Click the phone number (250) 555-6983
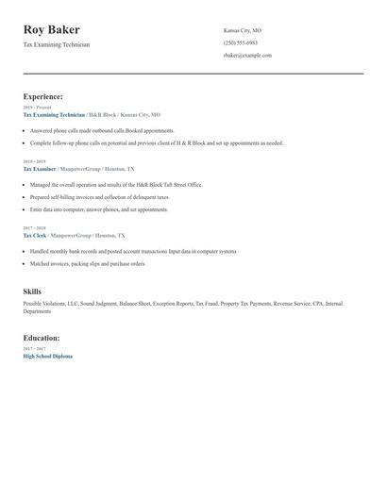point(240,42)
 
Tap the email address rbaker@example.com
point(247,56)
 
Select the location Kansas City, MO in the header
point(243,30)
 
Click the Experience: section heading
point(43,96)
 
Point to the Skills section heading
point(32,292)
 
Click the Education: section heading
point(42,338)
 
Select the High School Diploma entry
point(47,357)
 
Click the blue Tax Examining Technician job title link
point(54,114)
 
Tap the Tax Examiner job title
point(40,168)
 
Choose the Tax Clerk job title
point(35,235)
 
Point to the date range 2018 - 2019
point(33,161)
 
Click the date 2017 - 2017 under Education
point(33,349)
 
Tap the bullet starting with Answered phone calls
point(102,130)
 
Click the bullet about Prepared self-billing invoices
point(99,197)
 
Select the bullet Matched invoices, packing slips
point(87,264)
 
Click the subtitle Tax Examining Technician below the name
point(57,44)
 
